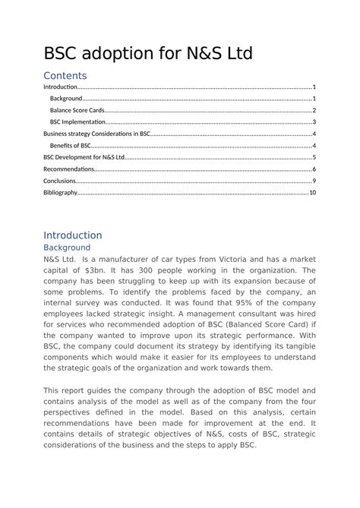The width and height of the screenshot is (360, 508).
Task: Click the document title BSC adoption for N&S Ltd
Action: pos(147,53)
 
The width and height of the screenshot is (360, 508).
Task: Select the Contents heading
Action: pos(65,76)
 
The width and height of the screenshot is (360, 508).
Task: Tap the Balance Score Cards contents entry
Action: pos(77,110)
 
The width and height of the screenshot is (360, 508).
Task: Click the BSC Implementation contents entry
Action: pos(77,121)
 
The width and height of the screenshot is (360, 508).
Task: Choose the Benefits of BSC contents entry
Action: pos(71,145)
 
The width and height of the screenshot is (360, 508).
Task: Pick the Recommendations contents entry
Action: pos(69,169)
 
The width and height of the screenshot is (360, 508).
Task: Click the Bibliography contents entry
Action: pos(61,193)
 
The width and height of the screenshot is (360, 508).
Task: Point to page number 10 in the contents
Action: pos(312,193)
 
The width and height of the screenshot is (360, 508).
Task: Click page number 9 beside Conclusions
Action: pos(314,181)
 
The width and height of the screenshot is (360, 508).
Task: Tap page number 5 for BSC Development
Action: pos(314,157)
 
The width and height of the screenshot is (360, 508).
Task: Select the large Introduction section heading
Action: pos(72,235)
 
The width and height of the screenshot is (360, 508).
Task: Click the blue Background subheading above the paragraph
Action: pos(67,248)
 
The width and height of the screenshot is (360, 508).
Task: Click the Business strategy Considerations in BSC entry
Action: pos(97,134)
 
